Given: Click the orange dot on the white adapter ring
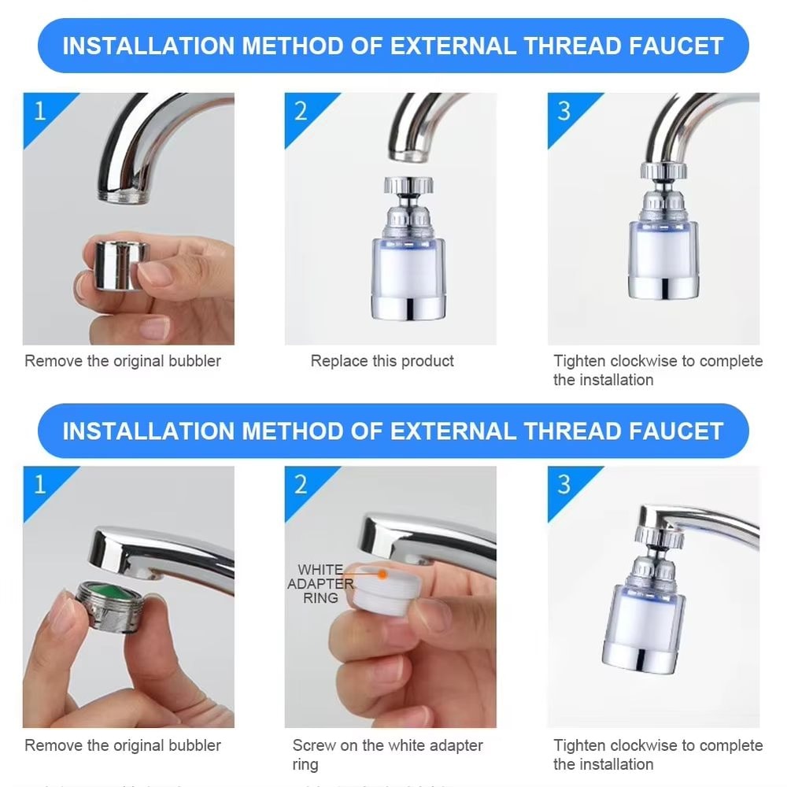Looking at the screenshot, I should pos(382,574).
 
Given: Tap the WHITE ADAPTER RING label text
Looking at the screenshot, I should pos(320,583).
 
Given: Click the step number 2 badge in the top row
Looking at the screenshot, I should pos(301,111).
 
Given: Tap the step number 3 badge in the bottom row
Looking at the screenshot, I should pos(563,483).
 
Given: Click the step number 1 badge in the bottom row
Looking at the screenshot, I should pos(39,483).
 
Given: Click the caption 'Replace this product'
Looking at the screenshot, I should pos(382,361).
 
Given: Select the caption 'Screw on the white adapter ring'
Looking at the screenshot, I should pos(387,754).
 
